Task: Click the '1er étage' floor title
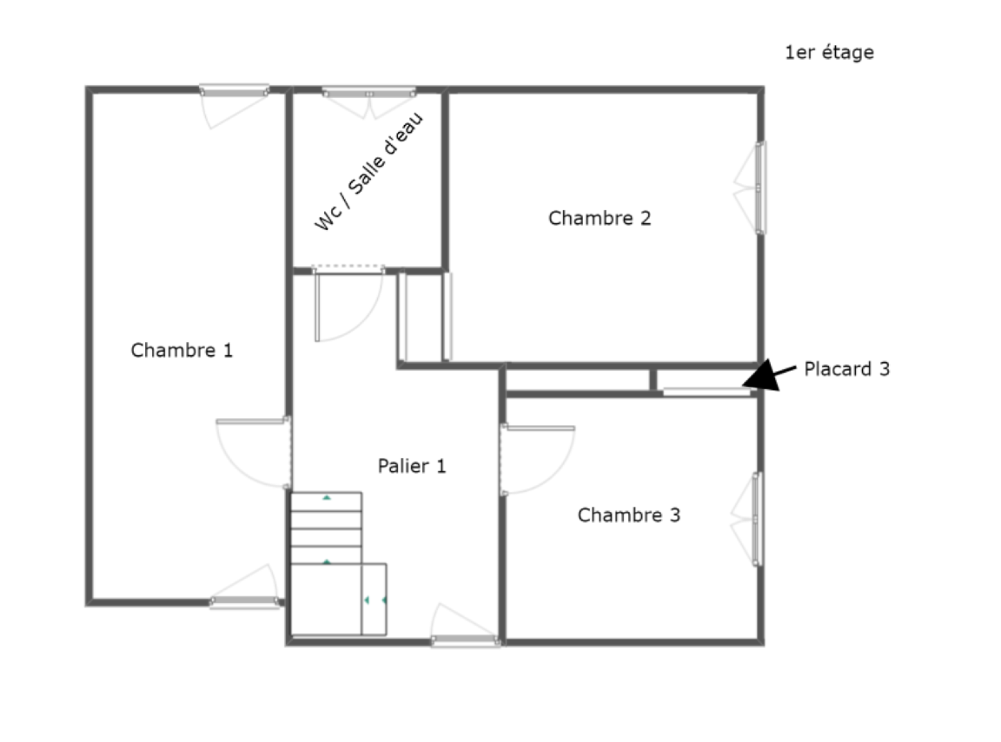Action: [x=830, y=53]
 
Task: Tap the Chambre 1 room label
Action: [x=181, y=350]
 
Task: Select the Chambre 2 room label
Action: [x=599, y=218]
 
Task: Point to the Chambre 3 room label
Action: [x=629, y=515]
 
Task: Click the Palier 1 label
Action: [x=412, y=466]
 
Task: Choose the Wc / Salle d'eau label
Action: [x=368, y=171]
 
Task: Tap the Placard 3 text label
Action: [x=846, y=369]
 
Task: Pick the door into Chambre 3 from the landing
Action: [x=537, y=459]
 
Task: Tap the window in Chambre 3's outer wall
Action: [x=748, y=519]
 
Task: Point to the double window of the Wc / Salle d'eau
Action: [x=369, y=102]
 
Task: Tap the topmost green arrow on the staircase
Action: [x=327, y=497]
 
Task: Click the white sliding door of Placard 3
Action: [x=707, y=392]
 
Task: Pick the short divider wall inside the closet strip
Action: [x=653, y=380]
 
